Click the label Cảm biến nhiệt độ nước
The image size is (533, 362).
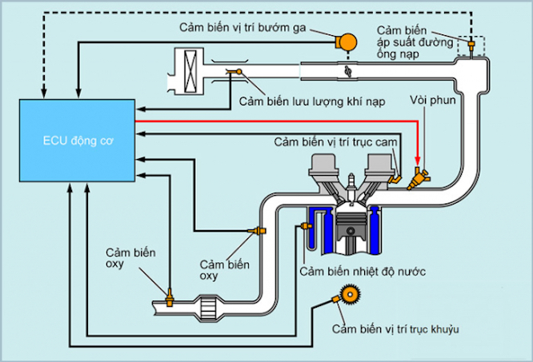click(363, 272)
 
